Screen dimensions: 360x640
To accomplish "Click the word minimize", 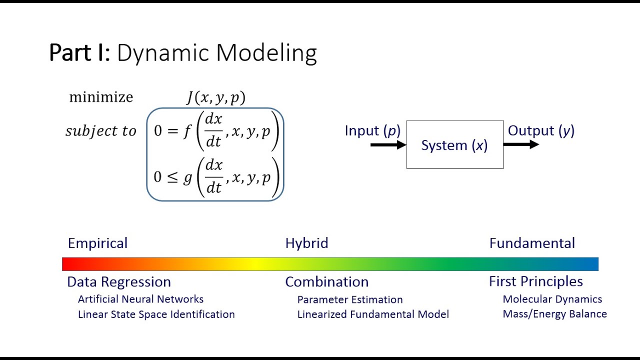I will (x=101, y=97).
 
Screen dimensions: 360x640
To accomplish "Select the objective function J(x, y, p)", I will (x=216, y=97).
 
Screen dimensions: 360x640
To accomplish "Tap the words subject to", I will (x=101, y=131).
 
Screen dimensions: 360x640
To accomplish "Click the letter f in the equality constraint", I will (x=187, y=131).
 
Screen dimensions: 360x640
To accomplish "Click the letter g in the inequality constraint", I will (x=187, y=177).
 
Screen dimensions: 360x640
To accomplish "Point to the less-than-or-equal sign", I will (x=172, y=177).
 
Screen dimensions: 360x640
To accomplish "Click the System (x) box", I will (x=454, y=145).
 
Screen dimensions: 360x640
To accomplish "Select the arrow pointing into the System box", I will (x=388, y=145).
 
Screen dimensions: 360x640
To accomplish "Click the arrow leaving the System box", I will (x=520, y=144).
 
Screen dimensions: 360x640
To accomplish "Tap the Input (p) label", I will (x=372, y=131).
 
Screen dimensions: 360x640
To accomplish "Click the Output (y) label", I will (x=541, y=131).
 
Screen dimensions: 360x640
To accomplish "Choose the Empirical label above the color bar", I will (x=97, y=243).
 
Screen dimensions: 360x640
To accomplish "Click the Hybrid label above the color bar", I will (x=306, y=243).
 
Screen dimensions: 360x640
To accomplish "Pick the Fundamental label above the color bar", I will (x=532, y=243).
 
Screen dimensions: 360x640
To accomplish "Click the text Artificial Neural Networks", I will (x=140, y=299).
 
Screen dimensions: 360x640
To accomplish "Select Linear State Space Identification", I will (x=156, y=314).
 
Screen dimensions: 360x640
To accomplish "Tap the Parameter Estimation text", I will (x=350, y=299).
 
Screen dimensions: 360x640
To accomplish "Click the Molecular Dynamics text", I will (x=552, y=299).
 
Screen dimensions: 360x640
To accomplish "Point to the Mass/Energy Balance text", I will (x=554, y=314).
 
